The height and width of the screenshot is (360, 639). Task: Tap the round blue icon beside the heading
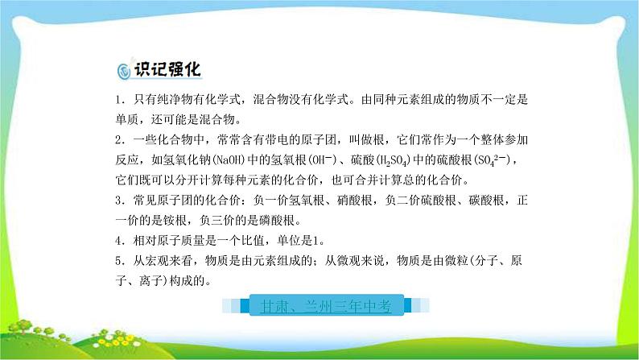pyautogui.click(x=122, y=72)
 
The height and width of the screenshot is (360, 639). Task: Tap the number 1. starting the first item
pyautogui.click(x=117, y=100)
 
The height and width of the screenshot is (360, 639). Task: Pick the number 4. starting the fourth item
pyautogui.click(x=117, y=240)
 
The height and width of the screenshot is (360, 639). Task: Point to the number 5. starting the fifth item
pyautogui.click(x=117, y=260)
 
